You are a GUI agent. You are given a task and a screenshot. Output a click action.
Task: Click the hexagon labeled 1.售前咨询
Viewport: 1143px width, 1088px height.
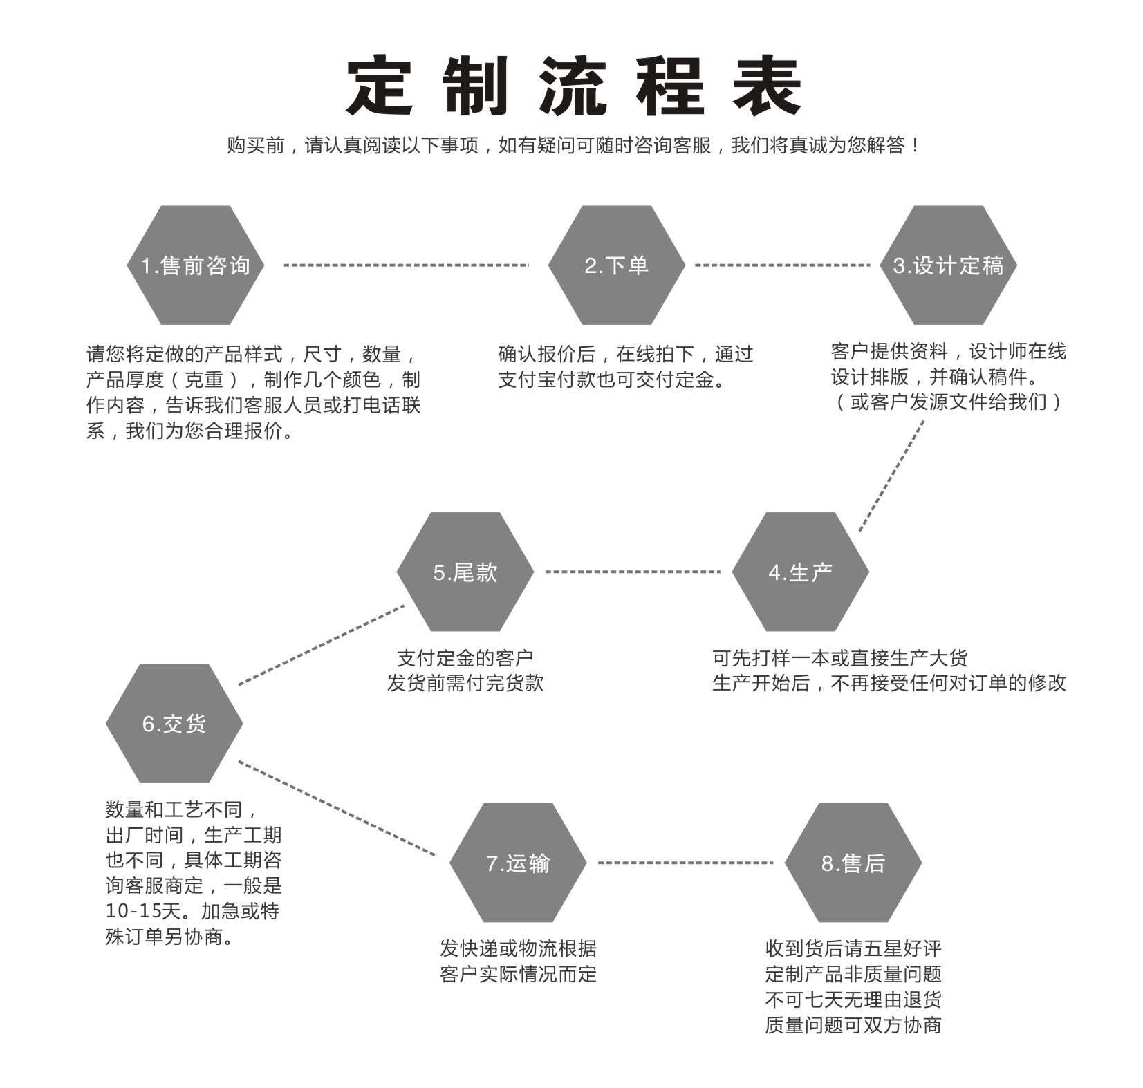pos(196,265)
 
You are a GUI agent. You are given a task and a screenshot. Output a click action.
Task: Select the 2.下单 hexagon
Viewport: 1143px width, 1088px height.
pos(616,265)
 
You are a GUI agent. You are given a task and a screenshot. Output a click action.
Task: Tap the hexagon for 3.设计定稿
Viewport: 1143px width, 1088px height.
pos(948,265)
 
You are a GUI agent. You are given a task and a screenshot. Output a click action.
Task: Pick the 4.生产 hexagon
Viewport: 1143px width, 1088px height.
pos(800,572)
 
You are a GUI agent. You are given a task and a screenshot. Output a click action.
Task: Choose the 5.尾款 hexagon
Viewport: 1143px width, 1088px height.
pos(465,572)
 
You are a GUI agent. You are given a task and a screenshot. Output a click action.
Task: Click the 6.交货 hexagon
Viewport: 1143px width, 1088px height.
pos(174,724)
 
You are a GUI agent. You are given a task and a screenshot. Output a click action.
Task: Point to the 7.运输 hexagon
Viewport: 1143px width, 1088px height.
pos(518,863)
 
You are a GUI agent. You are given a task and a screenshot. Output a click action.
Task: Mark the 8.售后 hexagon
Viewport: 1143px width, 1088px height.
pos(853,863)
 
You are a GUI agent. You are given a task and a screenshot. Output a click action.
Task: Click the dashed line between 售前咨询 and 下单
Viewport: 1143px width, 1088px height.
pos(406,265)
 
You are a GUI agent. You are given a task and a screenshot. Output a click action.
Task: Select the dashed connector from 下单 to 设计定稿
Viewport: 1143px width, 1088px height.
pos(782,265)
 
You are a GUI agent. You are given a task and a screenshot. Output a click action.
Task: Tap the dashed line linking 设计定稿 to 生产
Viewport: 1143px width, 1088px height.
pos(891,476)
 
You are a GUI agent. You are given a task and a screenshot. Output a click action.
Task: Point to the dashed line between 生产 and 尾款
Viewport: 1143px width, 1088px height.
pos(633,572)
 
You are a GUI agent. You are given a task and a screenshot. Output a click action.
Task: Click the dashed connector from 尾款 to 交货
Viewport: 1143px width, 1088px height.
pos(322,645)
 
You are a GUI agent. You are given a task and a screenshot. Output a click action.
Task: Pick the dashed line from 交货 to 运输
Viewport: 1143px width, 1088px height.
pos(337,808)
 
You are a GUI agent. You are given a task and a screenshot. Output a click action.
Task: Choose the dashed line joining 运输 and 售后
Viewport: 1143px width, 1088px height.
pos(685,863)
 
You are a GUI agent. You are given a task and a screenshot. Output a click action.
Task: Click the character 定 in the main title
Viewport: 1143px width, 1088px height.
pos(380,86)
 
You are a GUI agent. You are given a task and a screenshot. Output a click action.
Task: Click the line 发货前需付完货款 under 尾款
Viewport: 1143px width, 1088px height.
pos(465,683)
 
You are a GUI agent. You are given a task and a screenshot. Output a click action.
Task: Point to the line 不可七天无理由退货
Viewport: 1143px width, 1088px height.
pos(853,1000)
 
